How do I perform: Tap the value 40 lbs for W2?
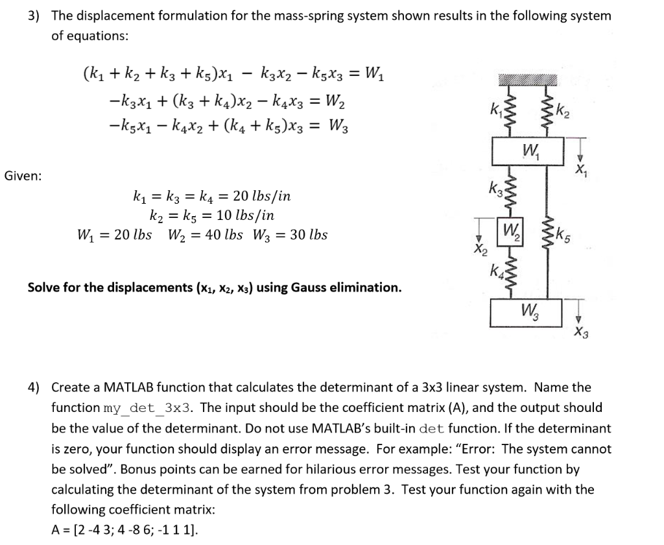tap(224, 235)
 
